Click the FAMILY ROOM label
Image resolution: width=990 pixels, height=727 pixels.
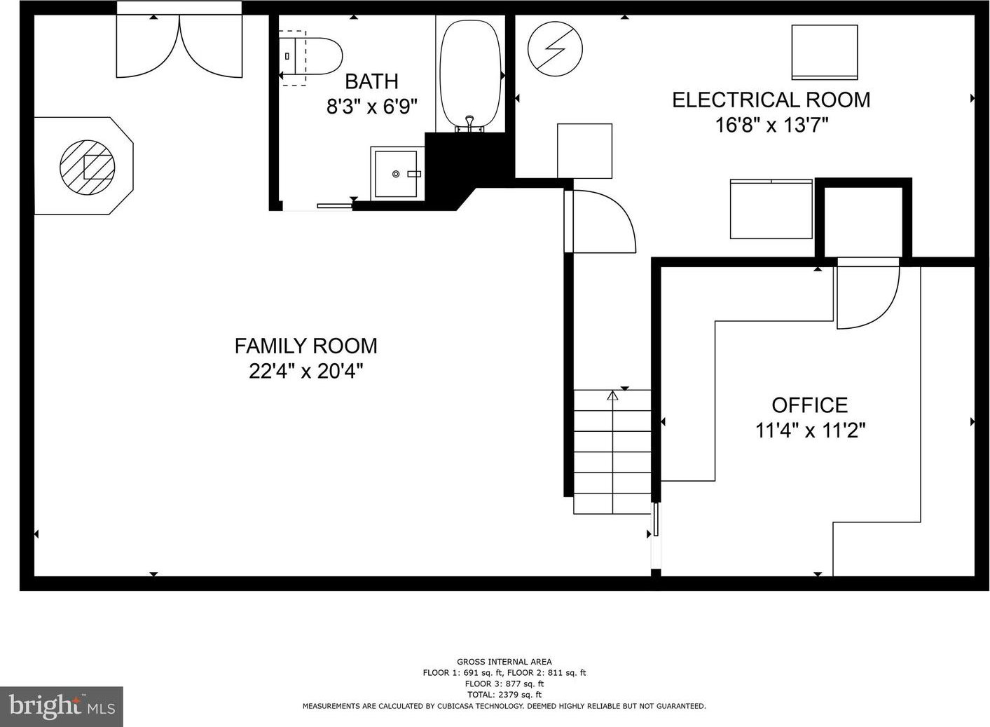coord(306,346)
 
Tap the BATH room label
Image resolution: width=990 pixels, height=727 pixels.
coord(371,81)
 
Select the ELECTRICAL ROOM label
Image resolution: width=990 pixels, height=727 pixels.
coord(771,100)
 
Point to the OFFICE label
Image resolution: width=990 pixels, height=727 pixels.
coord(810,405)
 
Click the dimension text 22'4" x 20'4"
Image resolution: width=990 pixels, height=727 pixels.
coord(306,371)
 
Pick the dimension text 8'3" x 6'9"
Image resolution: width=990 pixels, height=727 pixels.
coord(372,107)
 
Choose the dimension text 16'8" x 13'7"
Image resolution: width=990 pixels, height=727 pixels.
coord(771,125)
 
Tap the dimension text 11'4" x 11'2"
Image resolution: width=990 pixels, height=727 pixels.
coord(810,430)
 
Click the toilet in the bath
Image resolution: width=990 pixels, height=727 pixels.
coord(310,57)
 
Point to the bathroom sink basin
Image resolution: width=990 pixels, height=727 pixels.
coord(396,174)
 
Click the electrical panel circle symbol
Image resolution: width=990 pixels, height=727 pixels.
coord(555,48)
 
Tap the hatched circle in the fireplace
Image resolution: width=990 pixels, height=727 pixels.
coord(88,167)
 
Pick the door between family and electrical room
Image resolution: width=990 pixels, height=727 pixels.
coord(600,222)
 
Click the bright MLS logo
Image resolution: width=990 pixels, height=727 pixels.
coord(62,706)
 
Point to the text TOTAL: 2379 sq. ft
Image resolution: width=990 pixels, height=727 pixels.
coord(504,695)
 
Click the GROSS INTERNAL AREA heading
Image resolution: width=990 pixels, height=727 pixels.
coord(504,662)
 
